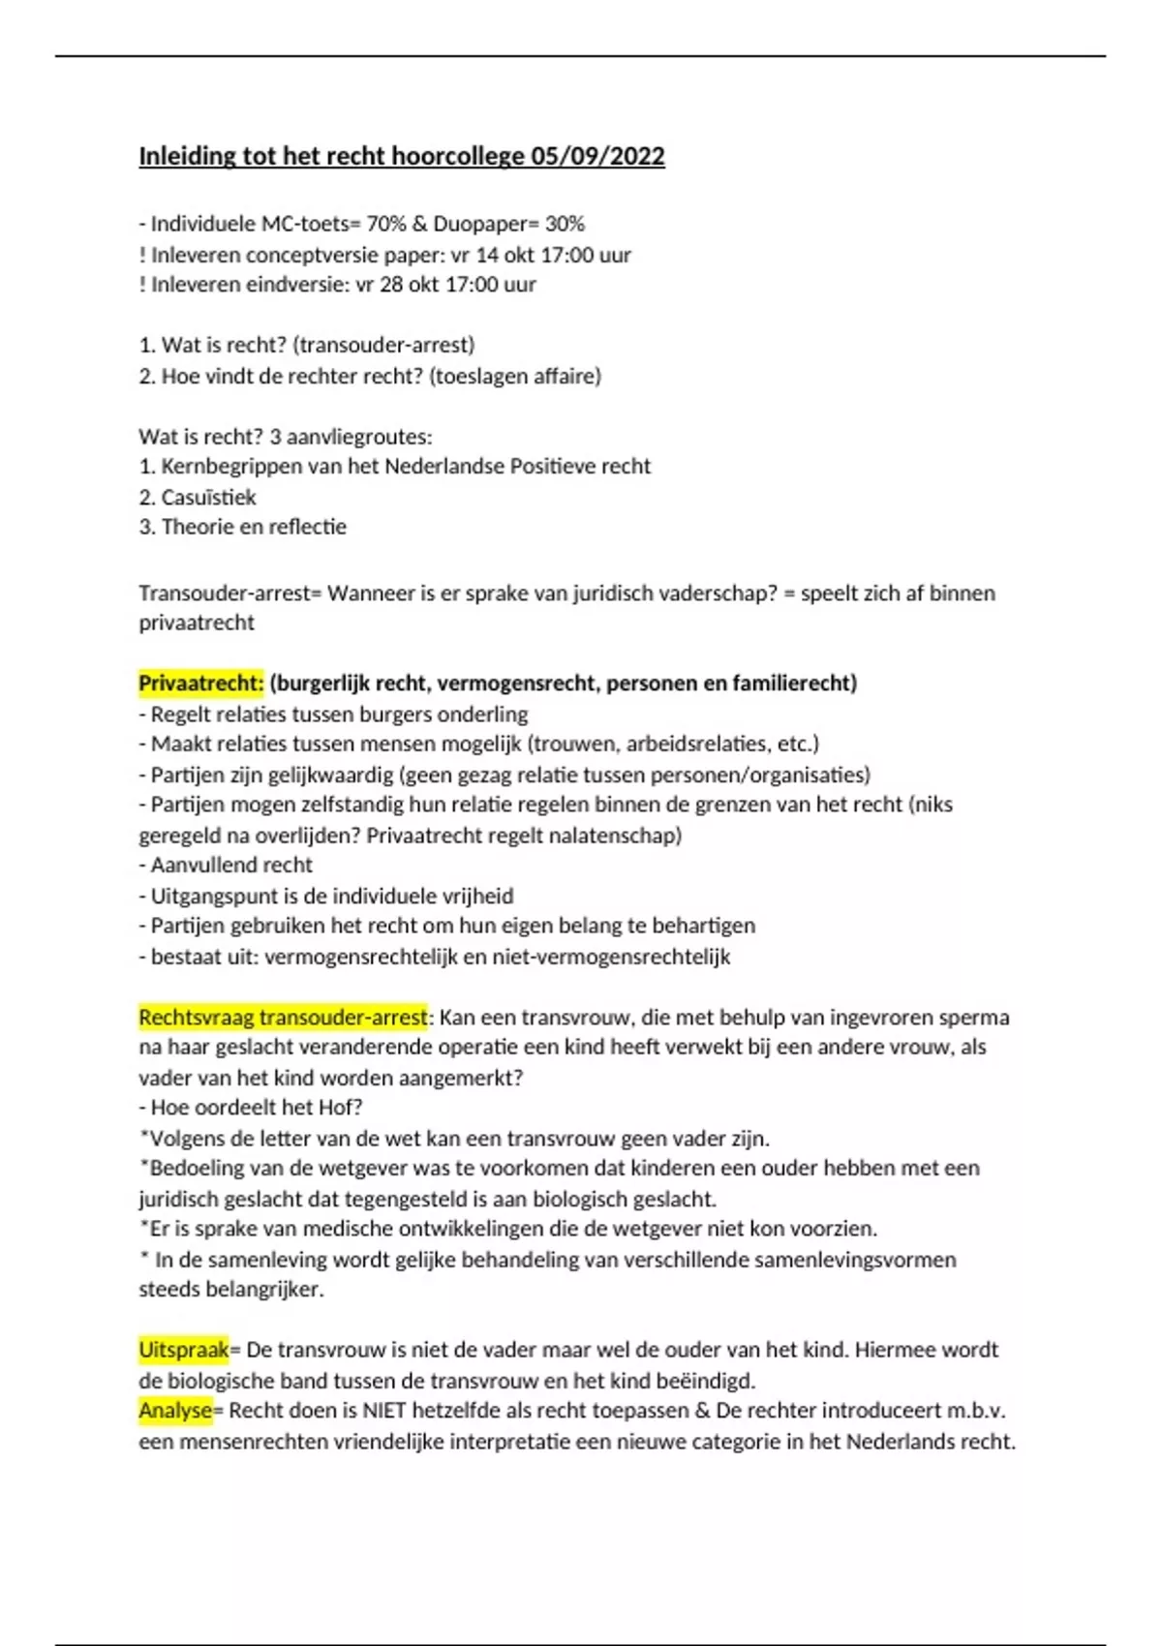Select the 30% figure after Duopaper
coord(565,224)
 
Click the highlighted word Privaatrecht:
coord(200,684)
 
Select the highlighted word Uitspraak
coord(184,1350)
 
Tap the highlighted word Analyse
coord(175,1411)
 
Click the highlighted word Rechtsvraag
coord(196,1018)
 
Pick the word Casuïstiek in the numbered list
coord(208,498)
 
